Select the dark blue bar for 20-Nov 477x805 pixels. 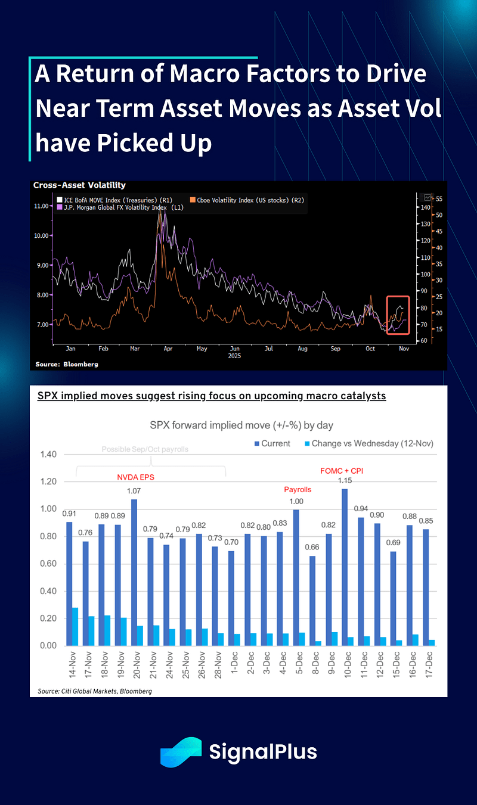[x=134, y=573]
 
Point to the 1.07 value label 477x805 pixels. [x=135, y=491]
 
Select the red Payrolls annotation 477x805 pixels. [x=298, y=489]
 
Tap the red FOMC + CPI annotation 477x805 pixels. [x=342, y=471]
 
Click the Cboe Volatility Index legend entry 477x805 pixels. [x=244, y=200]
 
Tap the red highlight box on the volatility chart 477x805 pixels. [x=398, y=315]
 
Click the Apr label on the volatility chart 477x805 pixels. [x=168, y=348]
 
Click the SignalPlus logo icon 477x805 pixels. [x=181, y=751]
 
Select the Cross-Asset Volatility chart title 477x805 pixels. [x=79, y=185]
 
